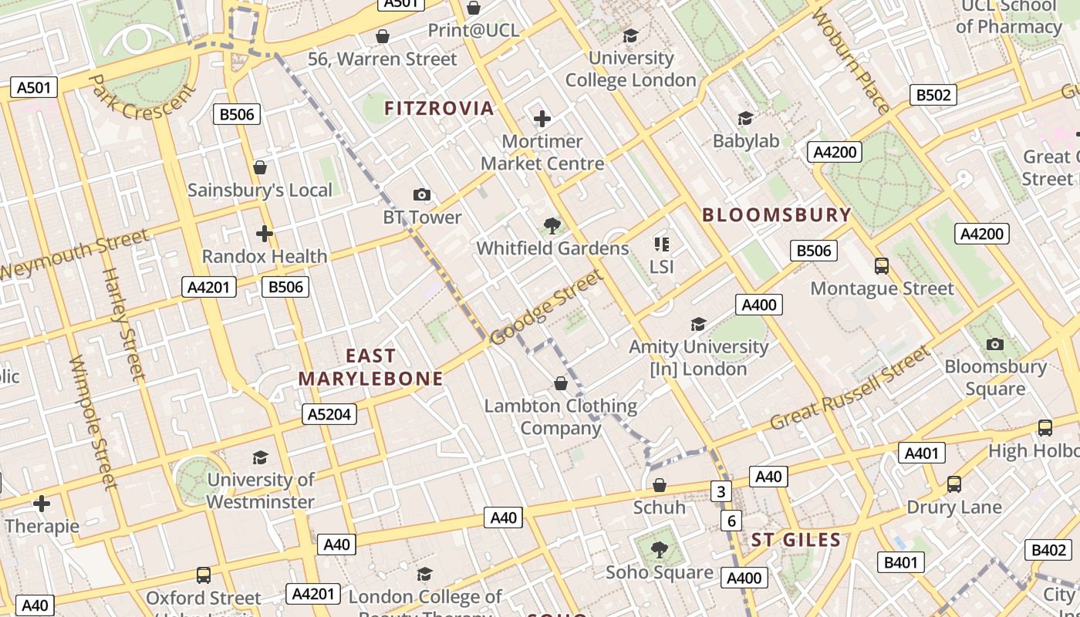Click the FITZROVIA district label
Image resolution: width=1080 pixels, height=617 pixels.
click(x=439, y=108)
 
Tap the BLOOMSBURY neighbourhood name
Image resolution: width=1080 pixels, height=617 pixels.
click(x=777, y=215)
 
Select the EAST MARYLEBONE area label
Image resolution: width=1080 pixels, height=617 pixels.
click(x=370, y=367)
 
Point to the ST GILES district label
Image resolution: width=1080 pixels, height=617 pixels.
click(x=795, y=540)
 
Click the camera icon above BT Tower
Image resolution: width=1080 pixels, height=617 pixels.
click(x=421, y=194)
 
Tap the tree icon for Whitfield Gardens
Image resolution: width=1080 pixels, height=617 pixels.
click(x=552, y=225)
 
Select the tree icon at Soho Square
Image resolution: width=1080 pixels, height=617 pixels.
click(x=659, y=549)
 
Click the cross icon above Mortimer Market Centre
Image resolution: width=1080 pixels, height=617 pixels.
click(x=542, y=118)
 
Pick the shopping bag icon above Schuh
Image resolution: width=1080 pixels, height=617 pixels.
click(x=659, y=485)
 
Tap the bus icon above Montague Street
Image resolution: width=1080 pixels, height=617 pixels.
click(x=882, y=266)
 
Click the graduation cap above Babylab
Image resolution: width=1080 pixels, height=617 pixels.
click(x=745, y=118)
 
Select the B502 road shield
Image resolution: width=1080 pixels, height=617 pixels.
click(x=933, y=95)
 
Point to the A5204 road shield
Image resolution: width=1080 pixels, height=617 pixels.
click(x=329, y=414)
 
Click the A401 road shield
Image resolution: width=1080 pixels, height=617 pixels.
click(x=921, y=453)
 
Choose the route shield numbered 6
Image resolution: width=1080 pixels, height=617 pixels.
click(x=731, y=521)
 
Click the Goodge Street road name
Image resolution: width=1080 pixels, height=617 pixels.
click(x=545, y=308)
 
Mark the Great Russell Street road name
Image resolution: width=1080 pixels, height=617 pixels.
click(x=850, y=389)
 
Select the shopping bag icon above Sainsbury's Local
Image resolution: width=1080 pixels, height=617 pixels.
click(x=260, y=167)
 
